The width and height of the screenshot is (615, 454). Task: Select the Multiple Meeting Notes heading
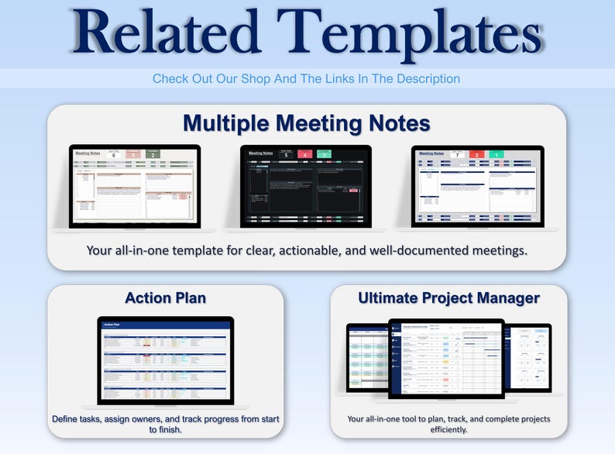[307, 123]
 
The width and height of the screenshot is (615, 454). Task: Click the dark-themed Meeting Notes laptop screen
[306, 185]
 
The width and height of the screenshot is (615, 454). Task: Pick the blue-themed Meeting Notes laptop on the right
[478, 186]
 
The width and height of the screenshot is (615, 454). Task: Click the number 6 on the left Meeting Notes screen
[114, 155]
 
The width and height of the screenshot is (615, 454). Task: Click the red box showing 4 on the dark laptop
[306, 155]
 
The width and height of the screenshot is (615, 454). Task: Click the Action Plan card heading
[165, 298]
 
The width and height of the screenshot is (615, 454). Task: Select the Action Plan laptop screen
[165, 359]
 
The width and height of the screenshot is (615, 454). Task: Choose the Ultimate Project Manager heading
[448, 298]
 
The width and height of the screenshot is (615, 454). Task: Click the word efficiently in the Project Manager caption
[448, 430]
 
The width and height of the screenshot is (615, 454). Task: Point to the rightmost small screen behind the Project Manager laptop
[528, 356]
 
